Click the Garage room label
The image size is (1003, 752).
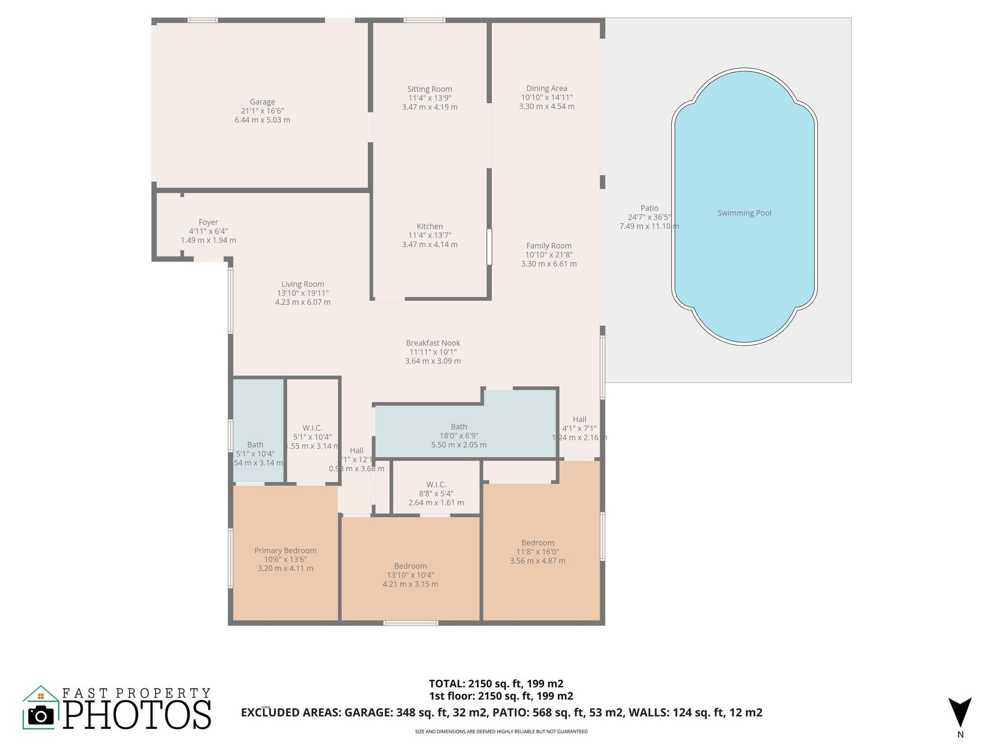[262, 102]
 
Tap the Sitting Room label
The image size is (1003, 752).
[430, 89]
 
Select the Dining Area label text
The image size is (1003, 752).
[547, 88]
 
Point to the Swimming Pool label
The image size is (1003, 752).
[744, 213]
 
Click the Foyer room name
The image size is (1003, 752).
[208, 222]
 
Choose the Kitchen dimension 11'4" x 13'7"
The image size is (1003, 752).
[430, 235]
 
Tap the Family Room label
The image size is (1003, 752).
[549, 246]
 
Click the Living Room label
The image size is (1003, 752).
[303, 284]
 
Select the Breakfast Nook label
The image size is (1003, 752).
[433, 343]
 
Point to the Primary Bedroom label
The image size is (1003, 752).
[285, 551]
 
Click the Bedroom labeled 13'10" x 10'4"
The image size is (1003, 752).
[410, 566]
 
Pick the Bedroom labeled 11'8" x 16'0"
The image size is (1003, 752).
[537, 543]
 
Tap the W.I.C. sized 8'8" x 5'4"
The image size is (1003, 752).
[436, 485]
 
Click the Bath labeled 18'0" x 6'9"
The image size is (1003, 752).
[459, 427]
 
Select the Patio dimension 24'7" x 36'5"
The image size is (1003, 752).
[649, 217]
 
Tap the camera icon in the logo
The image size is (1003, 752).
[41, 716]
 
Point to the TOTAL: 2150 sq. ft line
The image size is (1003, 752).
[496, 683]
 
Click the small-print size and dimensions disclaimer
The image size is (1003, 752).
[501, 731]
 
